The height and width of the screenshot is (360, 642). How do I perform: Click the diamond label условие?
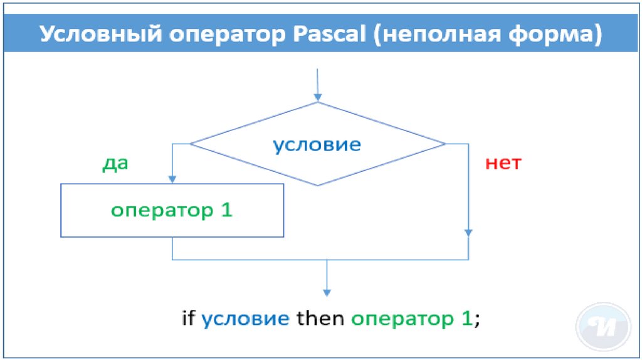pos(317,145)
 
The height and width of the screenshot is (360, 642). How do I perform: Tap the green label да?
pos(115,164)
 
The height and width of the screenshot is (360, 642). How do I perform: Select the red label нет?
pos(503,164)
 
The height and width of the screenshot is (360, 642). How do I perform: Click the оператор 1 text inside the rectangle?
pos(172,210)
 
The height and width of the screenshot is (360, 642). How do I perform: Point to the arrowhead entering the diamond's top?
pos(318,97)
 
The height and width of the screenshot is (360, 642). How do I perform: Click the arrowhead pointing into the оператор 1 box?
pos(172,179)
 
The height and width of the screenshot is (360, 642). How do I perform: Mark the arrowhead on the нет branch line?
pos(468,232)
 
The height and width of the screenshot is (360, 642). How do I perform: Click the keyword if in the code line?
pos(188,318)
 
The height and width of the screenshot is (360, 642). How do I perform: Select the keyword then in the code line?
pos(320,318)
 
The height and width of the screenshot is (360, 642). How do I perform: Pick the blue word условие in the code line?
pos(245,318)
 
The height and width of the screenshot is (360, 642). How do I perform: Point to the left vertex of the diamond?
pos(190,144)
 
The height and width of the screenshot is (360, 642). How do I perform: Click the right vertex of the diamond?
pos(445,144)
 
